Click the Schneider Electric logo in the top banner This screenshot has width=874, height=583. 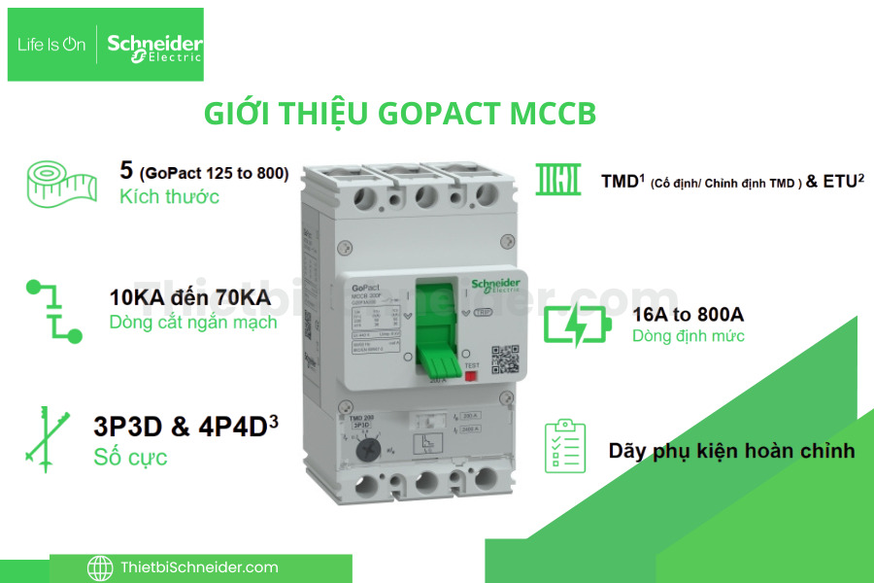[x=154, y=46]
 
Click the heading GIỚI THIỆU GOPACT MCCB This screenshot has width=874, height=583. [x=399, y=113]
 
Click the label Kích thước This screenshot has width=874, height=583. [x=169, y=196]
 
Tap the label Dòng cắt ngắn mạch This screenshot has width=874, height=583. [x=193, y=323]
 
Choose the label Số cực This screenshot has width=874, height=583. [x=130, y=457]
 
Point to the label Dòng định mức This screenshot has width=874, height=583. [x=689, y=336]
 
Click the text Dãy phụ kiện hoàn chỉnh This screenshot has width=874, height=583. [x=732, y=451]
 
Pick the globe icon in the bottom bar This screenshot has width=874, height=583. [x=100, y=567]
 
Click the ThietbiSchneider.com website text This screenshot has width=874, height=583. [x=199, y=567]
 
